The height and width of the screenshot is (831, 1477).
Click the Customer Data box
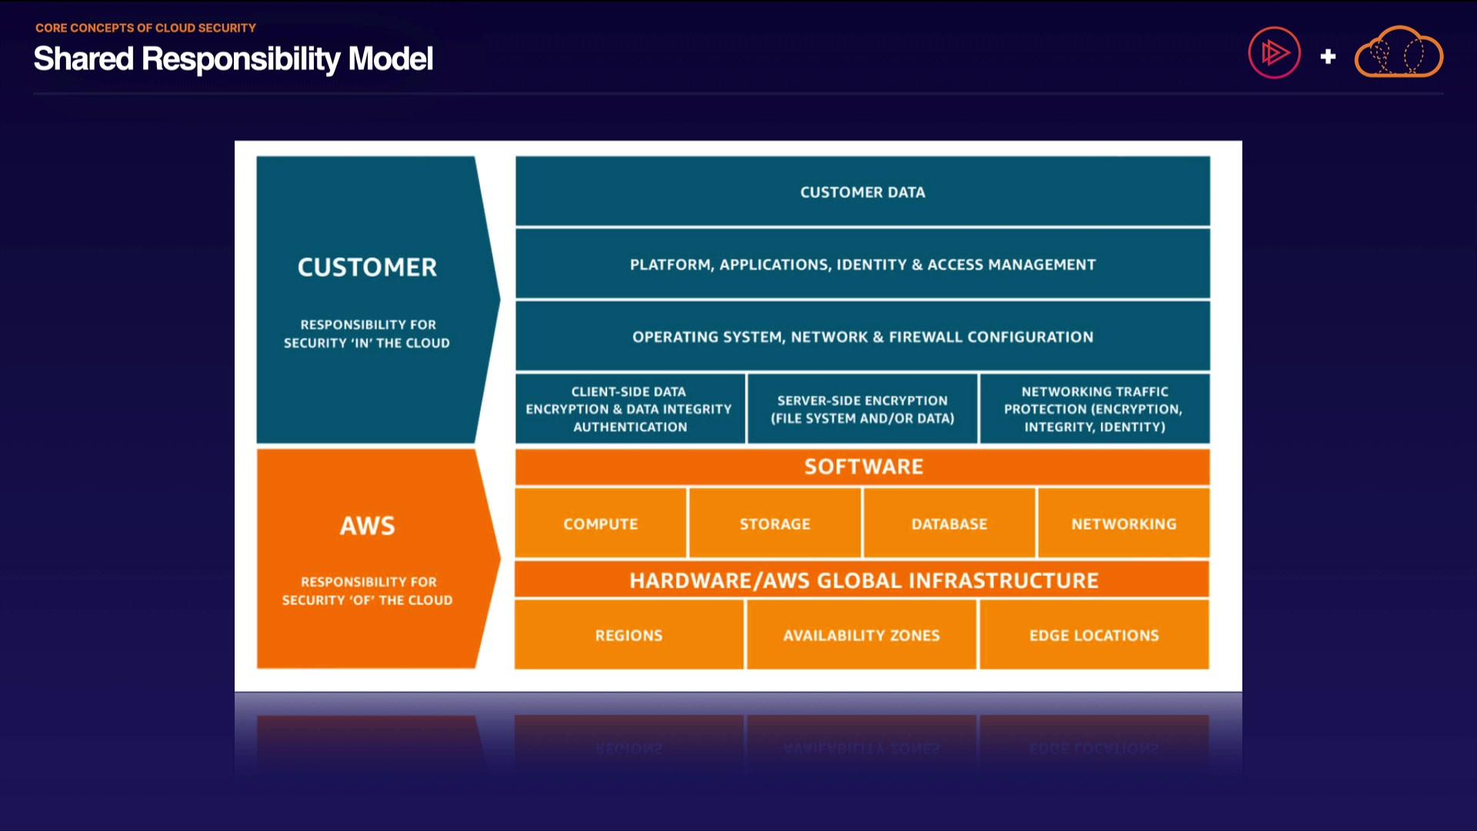(x=862, y=192)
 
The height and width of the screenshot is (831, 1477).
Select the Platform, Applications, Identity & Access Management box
(x=862, y=264)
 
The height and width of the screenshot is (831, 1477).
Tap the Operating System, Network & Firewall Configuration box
(x=862, y=336)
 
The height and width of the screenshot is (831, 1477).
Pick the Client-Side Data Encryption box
(x=629, y=409)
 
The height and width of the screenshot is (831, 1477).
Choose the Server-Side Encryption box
(x=862, y=409)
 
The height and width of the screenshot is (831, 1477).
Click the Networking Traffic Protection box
(x=1094, y=409)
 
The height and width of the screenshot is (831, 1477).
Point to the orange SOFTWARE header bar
(x=862, y=466)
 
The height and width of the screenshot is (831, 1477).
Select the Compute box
(x=601, y=523)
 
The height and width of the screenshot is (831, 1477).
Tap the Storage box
(x=775, y=523)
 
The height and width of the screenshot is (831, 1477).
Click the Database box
(x=949, y=523)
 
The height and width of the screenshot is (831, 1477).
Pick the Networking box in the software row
(x=1123, y=523)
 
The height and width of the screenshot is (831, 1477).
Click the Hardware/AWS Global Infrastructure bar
(x=862, y=580)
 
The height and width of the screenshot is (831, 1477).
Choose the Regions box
(x=628, y=635)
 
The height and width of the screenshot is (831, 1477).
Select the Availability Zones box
(x=862, y=635)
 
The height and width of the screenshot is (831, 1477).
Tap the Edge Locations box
(x=1094, y=635)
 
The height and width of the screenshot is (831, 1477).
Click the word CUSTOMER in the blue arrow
(x=367, y=267)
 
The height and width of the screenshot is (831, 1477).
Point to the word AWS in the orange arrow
(x=368, y=526)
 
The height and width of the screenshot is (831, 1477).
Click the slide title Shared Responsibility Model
(x=233, y=58)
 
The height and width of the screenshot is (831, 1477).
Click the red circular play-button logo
(x=1274, y=53)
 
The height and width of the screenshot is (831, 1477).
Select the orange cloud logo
(x=1399, y=52)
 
